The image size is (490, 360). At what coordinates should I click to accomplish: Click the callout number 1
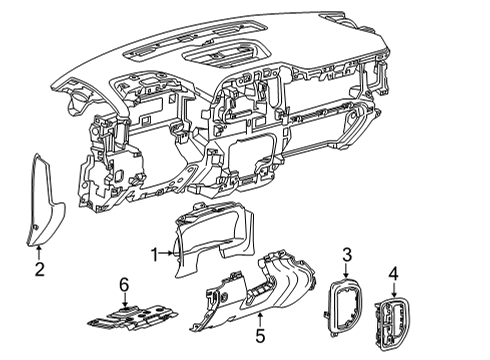click(154, 255)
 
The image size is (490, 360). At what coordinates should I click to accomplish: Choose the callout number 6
click(125, 286)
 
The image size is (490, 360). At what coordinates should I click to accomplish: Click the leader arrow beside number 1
click(167, 255)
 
